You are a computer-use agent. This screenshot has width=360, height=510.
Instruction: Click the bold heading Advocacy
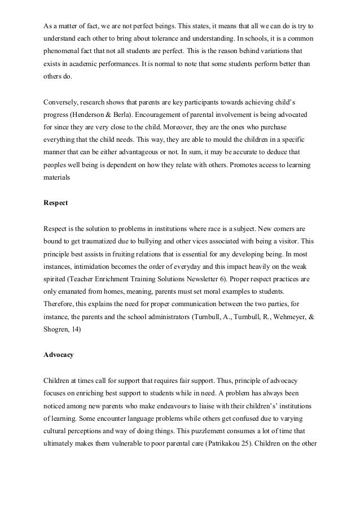pos(60,356)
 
